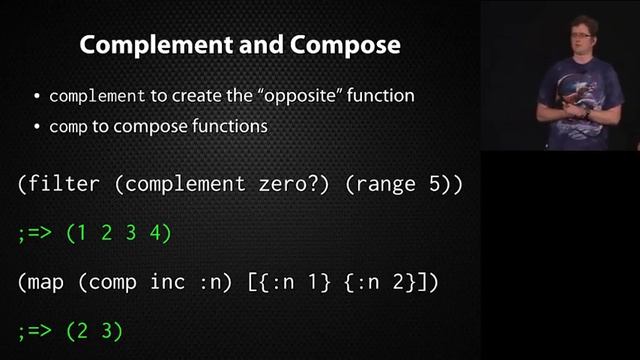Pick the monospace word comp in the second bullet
(x=67, y=127)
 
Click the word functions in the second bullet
(x=226, y=127)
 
